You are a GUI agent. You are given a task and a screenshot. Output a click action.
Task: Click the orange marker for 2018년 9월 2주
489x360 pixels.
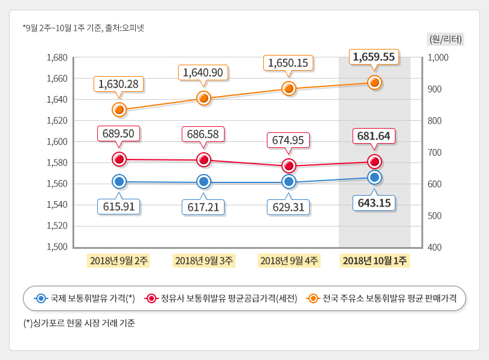tap(119, 109)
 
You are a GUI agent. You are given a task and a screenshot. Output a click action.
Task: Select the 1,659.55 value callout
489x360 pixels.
tap(374, 57)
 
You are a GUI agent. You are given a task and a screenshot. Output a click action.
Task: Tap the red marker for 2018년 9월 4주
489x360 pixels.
tap(289, 166)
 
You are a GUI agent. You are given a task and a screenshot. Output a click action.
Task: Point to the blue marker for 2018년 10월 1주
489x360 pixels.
tap(374, 177)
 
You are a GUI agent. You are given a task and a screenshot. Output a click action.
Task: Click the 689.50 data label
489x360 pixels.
tap(119, 133)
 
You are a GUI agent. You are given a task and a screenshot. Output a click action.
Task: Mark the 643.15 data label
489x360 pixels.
tap(374, 202)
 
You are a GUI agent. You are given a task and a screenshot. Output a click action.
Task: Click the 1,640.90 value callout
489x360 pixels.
tap(203, 72)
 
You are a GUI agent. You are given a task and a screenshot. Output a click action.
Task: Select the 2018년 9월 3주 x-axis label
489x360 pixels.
tap(203, 261)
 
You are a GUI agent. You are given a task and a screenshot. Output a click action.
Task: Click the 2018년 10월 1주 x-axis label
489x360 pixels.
tap(374, 261)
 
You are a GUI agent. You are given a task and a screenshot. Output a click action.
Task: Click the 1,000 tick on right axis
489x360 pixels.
tap(437, 58)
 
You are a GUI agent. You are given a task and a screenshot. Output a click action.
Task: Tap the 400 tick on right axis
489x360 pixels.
tap(435, 247)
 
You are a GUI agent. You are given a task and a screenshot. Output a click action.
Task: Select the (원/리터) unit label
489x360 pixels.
tap(446, 39)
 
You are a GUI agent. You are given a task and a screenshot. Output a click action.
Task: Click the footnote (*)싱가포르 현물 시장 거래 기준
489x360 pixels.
tap(79, 323)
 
